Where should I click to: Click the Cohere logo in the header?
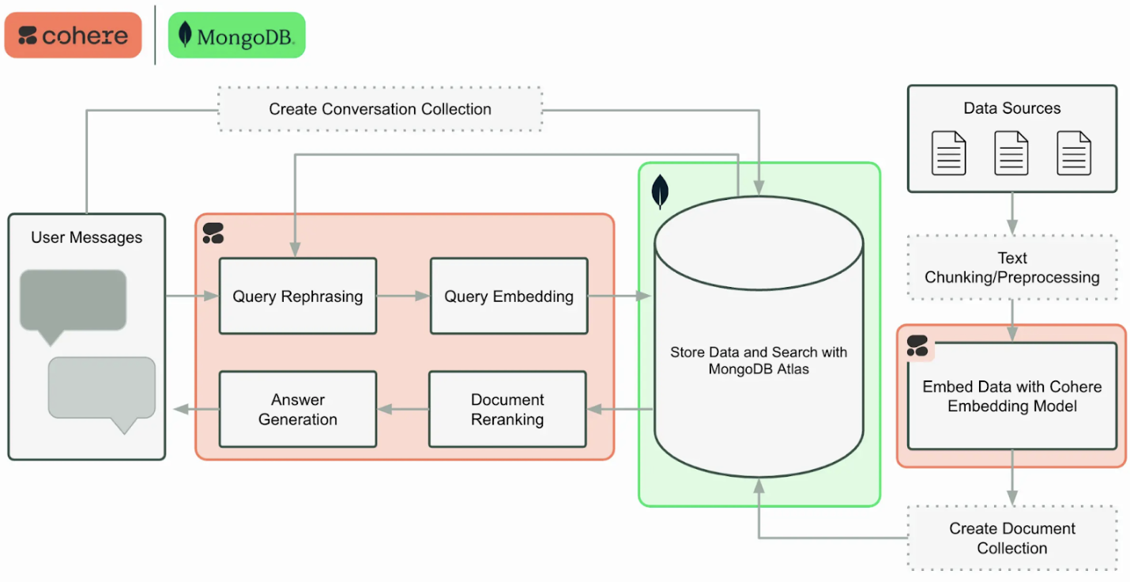click(x=73, y=36)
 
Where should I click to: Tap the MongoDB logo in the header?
click(x=236, y=36)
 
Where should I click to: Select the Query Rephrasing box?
click(x=297, y=297)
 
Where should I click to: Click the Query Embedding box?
click(x=509, y=297)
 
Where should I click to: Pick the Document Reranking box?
click(x=507, y=410)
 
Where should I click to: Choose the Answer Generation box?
click(x=298, y=410)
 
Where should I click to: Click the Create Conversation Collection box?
click(x=380, y=109)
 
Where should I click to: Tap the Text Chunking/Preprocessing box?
click(x=1012, y=267)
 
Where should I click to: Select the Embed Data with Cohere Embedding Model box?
click(x=1012, y=396)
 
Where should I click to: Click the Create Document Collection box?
click(x=1012, y=539)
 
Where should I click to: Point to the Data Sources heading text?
click(x=1012, y=108)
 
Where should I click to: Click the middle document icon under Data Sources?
click(x=1011, y=153)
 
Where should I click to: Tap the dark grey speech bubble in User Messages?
click(x=73, y=301)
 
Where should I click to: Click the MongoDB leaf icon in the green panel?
click(x=659, y=192)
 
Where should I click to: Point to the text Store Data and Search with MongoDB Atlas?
click(x=759, y=361)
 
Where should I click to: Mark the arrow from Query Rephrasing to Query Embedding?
click(x=403, y=297)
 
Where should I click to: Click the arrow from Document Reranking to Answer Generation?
click(x=403, y=410)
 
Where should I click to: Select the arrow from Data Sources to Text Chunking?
click(x=1012, y=214)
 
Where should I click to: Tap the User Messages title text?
click(x=87, y=237)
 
